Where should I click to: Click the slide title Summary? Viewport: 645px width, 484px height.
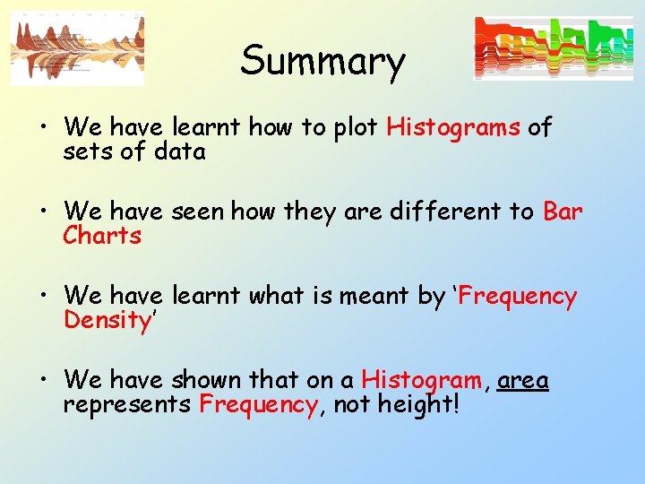coord(322,61)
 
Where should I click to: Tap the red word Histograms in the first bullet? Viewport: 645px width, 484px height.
coord(453,127)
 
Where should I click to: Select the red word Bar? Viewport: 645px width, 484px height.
coord(563,212)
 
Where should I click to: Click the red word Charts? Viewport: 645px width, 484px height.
coord(102,236)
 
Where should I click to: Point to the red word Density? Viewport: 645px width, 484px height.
coord(104,320)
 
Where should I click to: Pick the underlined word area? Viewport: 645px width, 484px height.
coord(523,380)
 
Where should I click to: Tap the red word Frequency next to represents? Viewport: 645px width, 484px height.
coord(258,405)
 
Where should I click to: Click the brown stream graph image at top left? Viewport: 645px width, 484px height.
coord(77,48)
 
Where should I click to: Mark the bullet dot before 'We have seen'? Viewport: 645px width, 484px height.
coord(44,212)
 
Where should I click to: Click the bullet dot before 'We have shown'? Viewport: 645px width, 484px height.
coord(44,381)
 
